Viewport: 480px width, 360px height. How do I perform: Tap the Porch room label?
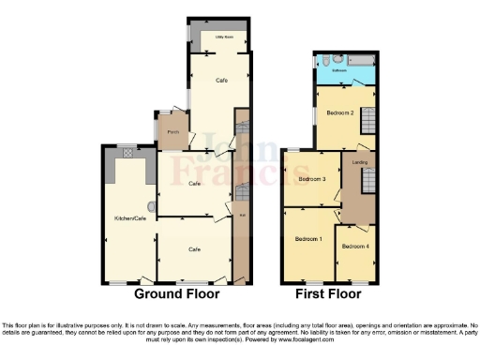pos(172,132)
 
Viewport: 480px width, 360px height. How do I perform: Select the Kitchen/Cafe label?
pos(129,217)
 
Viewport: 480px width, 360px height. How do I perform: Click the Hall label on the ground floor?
pos(242,217)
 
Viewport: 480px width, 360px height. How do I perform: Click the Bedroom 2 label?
pos(339,112)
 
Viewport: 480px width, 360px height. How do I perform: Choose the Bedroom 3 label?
pos(311,178)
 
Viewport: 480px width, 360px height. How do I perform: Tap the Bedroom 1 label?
pos(308,239)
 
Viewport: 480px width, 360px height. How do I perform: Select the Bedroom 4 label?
pos(355,246)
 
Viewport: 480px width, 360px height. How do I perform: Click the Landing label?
pos(359,162)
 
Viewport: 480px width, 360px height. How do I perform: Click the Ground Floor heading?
pos(176,293)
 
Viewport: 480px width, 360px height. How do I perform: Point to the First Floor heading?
pos(327,293)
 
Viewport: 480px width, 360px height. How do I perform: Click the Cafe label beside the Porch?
pos(195,183)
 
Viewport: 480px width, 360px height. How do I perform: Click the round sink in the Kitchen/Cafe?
pos(151,205)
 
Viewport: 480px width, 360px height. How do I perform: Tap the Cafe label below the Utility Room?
pos(221,81)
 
